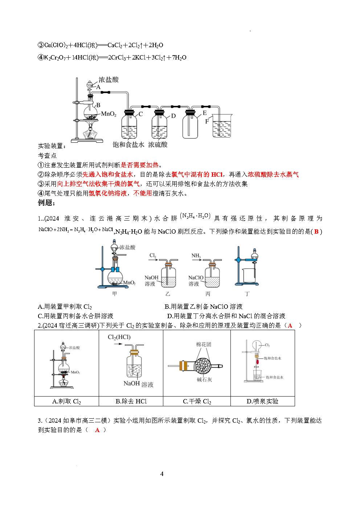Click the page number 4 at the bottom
tap(162, 474)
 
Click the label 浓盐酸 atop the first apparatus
tap(109, 79)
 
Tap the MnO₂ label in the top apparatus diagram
tap(109, 114)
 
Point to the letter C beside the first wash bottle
tap(140, 114)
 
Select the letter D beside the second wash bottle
tap(173, 116)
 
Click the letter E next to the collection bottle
tap(205, 113)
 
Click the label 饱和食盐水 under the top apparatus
tap(128, 144)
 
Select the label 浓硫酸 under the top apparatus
tap(158, 144)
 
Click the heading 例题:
tap(46, 202)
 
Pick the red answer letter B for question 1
tap(316, 231)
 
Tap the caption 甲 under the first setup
tap(115, 294)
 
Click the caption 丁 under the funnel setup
tap(247, 294)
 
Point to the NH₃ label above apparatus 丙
tap(196, 256)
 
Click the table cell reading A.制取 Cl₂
tap(66, 402)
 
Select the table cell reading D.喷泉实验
tap(262, 402)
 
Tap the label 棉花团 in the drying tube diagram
tap(204, 345)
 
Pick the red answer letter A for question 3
tap(97, 430)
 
